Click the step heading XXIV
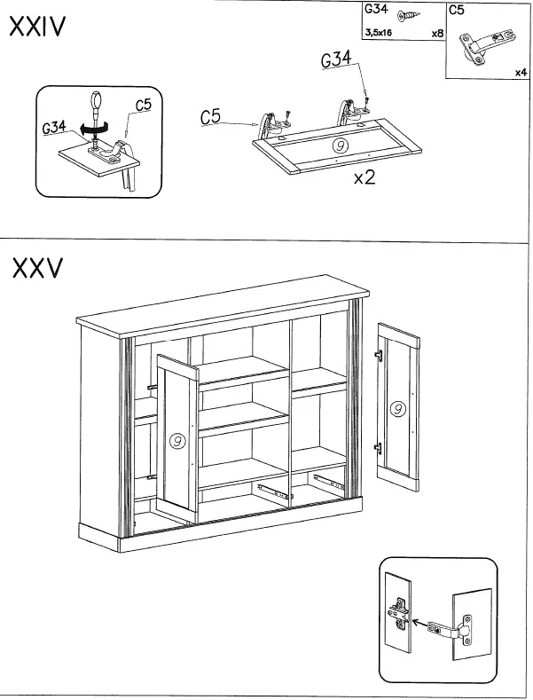(36, 28)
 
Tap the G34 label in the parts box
(376, 12)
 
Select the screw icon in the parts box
(410, 16)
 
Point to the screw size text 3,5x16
(378, 33)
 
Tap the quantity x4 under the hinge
(521, 73)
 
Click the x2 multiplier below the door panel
(364, 177)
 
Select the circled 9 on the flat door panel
(338, 146)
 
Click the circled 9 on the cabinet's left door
(177, 440)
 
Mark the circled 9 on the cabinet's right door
(397, 409)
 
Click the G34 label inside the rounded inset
(53, 128)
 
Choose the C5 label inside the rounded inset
(143, 105)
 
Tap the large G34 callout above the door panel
(337, 61)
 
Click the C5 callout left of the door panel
(211, 116)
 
